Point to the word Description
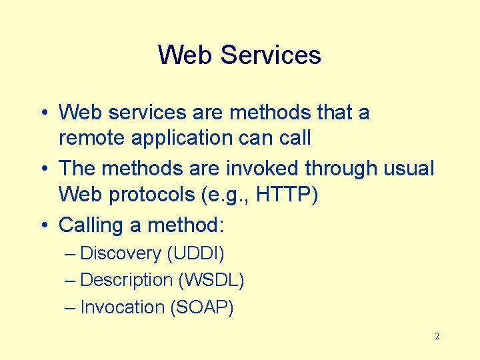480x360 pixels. pos(126,280)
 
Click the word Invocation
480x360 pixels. pos(122,307)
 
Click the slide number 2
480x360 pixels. pos(437,337)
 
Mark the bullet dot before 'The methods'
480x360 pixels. pos(44,168)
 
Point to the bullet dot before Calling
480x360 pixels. pos(44,225)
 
